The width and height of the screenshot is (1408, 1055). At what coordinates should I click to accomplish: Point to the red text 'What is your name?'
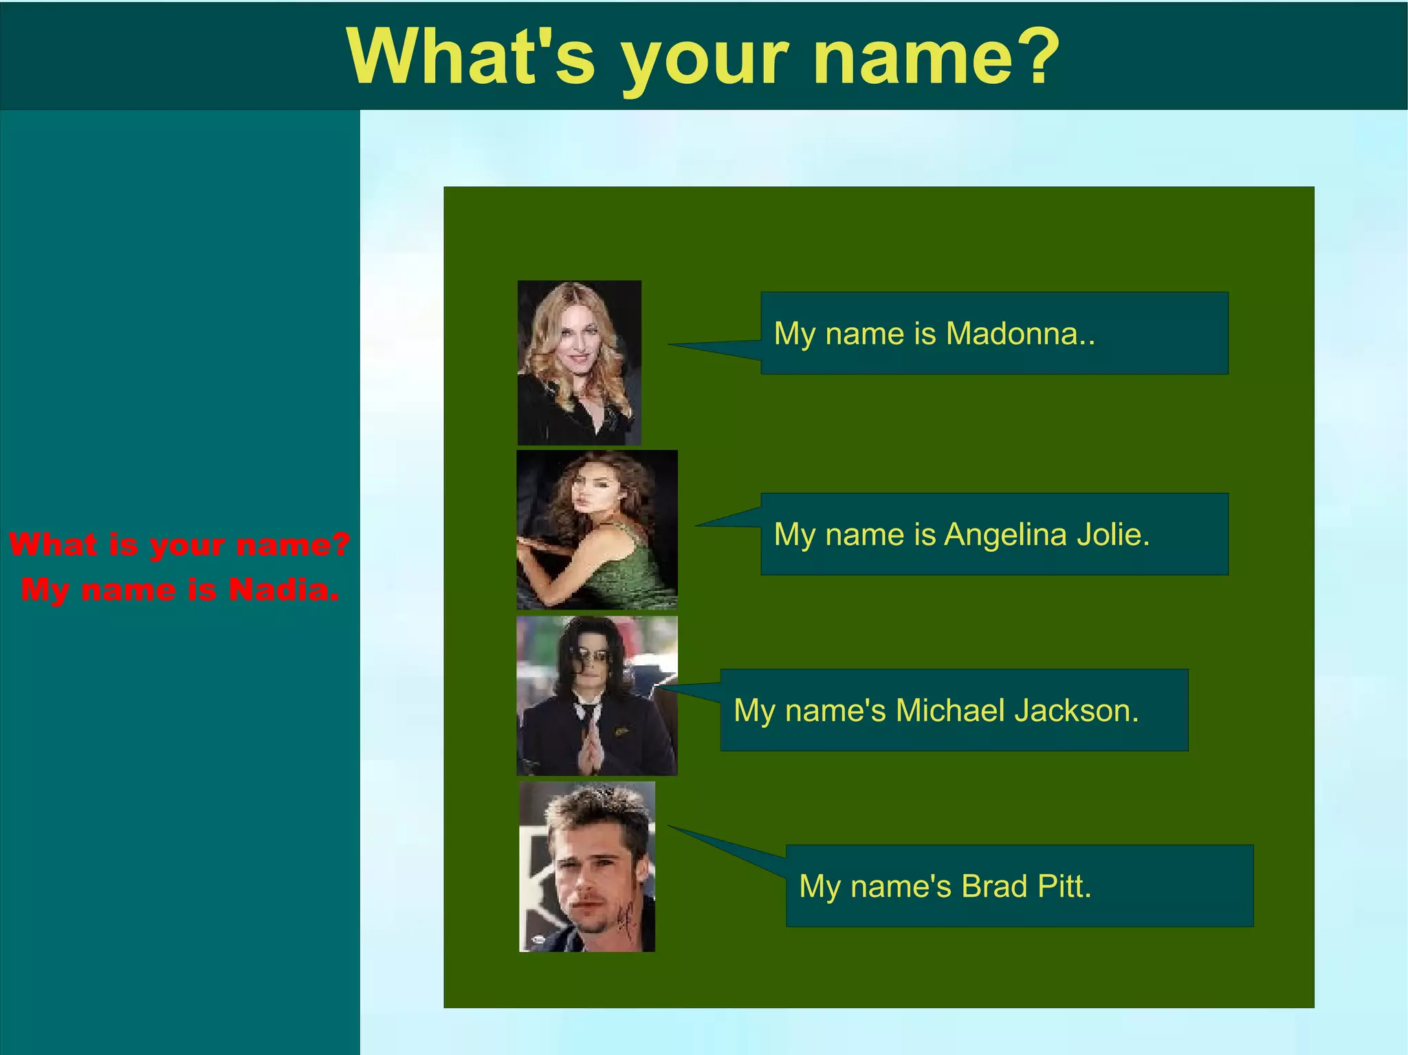(x=180, y=544)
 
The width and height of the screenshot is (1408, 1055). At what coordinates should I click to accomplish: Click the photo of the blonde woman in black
(x=579, y=362)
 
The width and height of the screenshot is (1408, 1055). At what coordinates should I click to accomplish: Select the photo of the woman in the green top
(x=597, y=530)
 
